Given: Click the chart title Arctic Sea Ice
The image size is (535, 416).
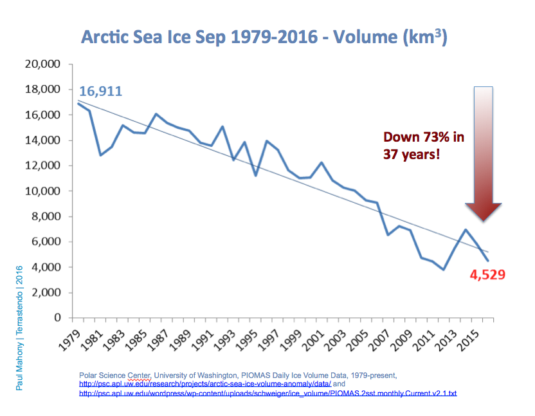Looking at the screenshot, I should [x=264, y=37].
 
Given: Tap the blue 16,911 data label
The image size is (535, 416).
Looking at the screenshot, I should [x=100, y=91].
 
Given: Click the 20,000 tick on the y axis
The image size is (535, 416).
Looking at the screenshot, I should [x=42, y=64].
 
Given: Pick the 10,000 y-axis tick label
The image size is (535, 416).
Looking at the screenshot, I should [x=42, y=191].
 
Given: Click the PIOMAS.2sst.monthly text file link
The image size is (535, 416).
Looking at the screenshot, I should [x=267, y=393].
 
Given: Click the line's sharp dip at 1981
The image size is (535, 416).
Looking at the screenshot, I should [x=101, y=155].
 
